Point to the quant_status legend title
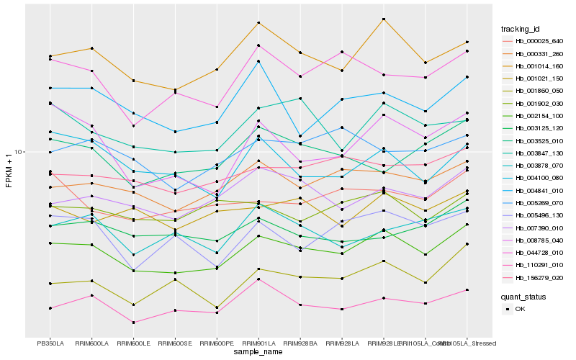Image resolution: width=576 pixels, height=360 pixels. (x=524, y=297)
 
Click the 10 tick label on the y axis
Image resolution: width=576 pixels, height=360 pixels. (x=20, y=152)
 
